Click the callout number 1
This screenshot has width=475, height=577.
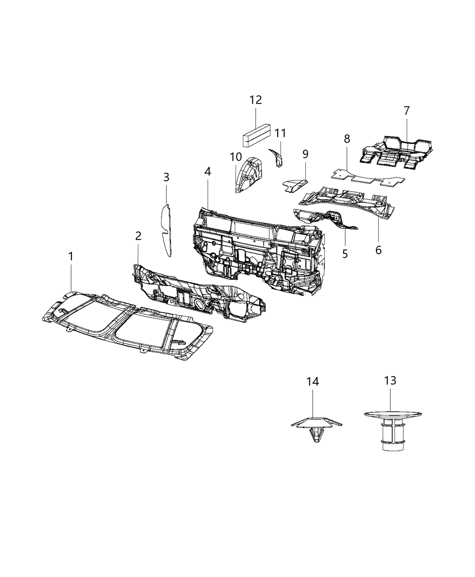[x=71, y=257]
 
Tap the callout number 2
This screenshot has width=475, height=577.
[x=138, y=236]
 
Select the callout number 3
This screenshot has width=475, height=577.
[x=166, y=177]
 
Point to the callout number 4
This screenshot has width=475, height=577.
[x=207, y=172]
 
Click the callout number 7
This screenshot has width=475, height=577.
[x=406, y=110]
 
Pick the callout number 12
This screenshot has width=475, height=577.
[x=256, y=100]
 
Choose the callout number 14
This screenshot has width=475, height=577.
[x=313, y=381]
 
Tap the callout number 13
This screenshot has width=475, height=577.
[x=390, y=381]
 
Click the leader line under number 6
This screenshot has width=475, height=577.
[x=378, y=231]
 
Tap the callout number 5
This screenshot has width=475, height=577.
[x=345, y=254]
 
